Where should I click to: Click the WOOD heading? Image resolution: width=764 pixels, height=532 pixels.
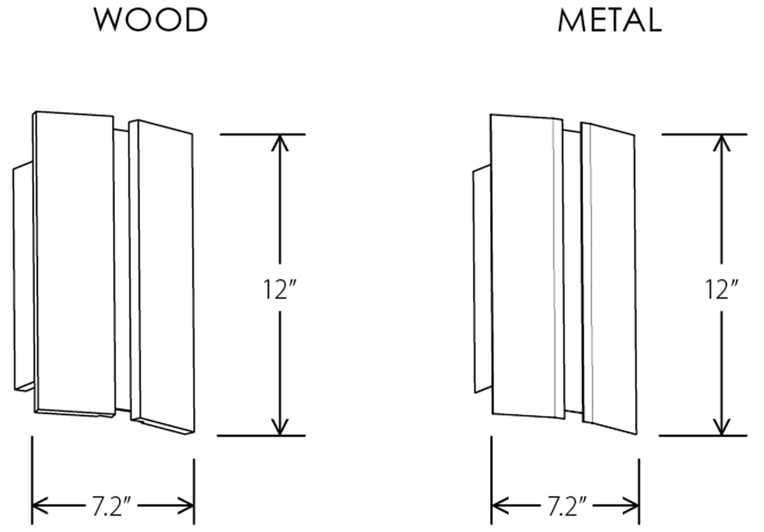tap(151, 20)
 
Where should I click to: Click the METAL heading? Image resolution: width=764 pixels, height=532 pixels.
tap(610, 21)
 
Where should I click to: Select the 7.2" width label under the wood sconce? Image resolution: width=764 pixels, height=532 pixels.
tap(111, 507)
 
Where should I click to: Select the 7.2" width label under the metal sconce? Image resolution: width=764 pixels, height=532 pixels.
tap(566, 507)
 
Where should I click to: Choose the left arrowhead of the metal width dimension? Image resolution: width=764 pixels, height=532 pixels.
tap(499, 506)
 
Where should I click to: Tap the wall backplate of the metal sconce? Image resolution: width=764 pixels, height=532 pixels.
tap(482, 278)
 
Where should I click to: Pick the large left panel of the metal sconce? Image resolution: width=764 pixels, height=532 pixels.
tap(522, 266)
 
